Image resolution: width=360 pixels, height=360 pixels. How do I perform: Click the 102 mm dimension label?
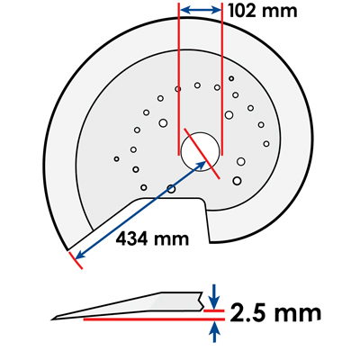point(263,11)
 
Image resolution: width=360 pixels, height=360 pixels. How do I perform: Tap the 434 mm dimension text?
point(152,239)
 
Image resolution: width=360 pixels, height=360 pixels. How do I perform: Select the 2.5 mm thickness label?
point(275,312)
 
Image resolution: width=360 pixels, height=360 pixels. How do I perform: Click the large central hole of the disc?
point(200,151)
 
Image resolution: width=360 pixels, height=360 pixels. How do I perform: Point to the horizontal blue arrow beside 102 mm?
point(201,10)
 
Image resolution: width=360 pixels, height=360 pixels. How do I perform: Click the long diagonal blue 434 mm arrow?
point(140,210)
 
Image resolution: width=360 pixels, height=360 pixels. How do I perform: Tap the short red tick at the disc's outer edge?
point(76,260)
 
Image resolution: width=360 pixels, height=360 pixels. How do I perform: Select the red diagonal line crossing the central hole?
point(202,154)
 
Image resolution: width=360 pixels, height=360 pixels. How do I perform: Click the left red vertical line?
point(179,79)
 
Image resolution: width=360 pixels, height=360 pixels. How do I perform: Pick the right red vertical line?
point(222,79)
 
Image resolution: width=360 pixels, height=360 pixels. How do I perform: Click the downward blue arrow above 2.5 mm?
point(214,297)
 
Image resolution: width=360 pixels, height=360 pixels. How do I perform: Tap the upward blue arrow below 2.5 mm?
point(214,332)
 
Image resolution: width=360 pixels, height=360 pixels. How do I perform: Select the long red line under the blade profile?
point(154,319)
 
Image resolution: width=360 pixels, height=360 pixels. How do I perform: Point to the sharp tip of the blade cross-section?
point(52,319)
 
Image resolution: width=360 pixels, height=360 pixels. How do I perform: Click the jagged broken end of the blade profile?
point(201,301)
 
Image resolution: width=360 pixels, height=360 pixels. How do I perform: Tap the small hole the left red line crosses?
point(178,89)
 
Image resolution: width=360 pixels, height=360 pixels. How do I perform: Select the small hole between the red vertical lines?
point(197,85)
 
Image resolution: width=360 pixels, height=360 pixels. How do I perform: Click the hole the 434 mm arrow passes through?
point(171,189)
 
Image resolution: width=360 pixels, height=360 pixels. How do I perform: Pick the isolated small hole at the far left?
point(117,159)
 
